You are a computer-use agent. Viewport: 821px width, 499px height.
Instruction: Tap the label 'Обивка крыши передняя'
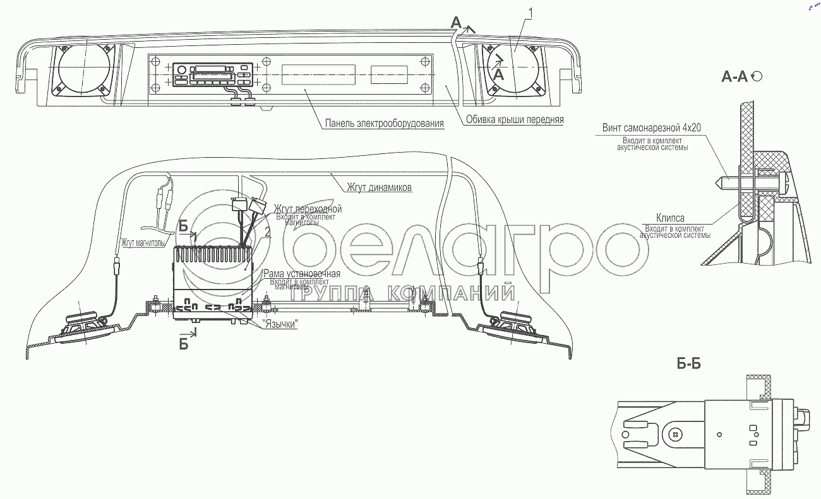click(x=513, y=119)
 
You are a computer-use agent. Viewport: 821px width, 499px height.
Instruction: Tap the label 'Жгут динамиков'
click(x=379, y=187)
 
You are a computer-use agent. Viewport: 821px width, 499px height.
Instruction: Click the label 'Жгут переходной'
click(x=308, y=208)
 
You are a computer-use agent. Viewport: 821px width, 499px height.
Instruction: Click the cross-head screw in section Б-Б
click(x=676, y=435)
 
